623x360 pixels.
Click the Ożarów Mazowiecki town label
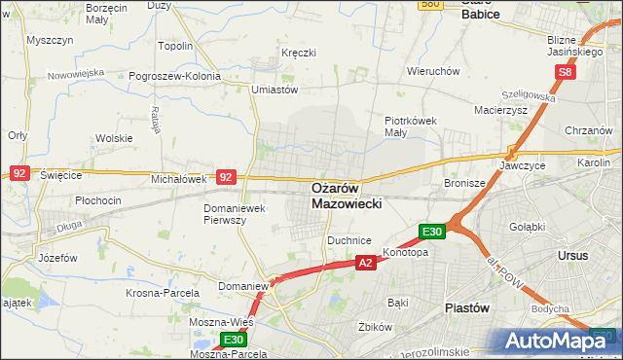pos(348,196)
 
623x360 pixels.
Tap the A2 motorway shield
pos(365,263)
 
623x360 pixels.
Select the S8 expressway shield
pos(568,72)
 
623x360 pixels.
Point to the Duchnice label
pos(349,239)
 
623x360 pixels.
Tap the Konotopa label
pos(406,252)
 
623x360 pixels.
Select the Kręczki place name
pos(298,53)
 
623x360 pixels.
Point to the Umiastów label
pos(274,90)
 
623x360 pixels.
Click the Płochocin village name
pos(98,200)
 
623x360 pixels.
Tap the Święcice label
pos(61,175)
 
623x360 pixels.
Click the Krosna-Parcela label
pos(163,292)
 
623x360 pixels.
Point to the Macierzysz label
pos(499,110)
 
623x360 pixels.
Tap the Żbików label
pos(374,326)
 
